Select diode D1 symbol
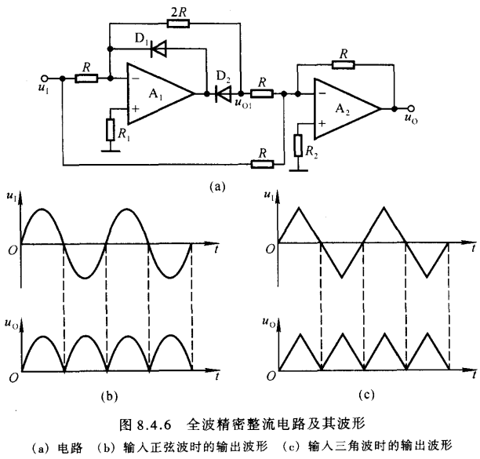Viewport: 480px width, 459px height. [x=159, y=50]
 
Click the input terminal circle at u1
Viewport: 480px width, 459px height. [x=45, y=78]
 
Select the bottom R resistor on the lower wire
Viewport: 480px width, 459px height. [x=261, y=164]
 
